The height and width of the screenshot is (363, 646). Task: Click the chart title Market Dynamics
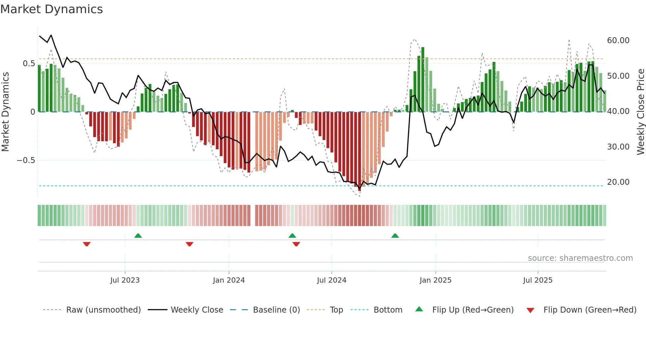pyautogui.click(x=52, y=9)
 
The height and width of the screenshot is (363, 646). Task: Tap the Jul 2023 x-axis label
pyautogui.click(x=125, y=280)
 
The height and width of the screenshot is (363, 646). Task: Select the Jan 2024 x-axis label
pyautogui.click(x=229, y=280)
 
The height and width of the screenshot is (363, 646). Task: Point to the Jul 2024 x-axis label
pyautogui.click(x=332, y=280)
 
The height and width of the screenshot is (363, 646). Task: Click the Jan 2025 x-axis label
pyautogui.click(x=435, y=280)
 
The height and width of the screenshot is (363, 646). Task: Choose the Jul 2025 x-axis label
pyautogui.click(x=538, y=280)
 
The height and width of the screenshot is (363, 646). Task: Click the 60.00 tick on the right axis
pyautogui.click(x=618, y=41)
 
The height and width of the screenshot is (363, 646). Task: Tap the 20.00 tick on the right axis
pyautogui.click(x=618, y=182)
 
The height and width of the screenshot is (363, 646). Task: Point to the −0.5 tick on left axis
pyautogui.click(x=26, y=160)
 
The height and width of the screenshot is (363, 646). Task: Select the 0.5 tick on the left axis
pyautogui.click(x=29, y=64)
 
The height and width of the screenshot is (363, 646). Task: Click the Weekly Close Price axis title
pyautogui.click(x=640, y=112)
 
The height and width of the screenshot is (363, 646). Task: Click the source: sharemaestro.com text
pyautogui.click(x=580, y=258)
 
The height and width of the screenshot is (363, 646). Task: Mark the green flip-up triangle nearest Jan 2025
pyautogui.click(x=395, y=236)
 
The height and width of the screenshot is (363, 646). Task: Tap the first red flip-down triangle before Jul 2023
pyautogui.click(x=87, y=244)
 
